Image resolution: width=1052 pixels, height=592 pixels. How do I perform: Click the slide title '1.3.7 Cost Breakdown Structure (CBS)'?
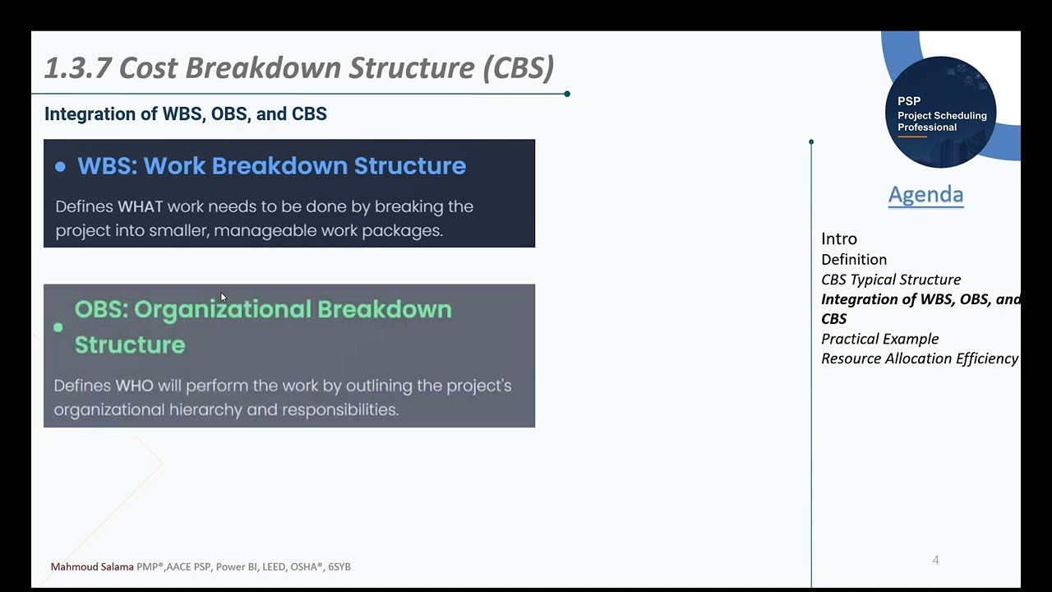pos(298,67)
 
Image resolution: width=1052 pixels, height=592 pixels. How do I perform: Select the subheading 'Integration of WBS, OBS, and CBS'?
pos(186,114)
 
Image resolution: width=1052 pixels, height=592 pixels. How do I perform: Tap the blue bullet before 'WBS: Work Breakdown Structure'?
pos(60,167)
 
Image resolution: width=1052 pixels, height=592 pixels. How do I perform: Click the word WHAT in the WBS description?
pos(141,206)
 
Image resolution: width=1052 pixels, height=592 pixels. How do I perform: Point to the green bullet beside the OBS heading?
pos(58,327)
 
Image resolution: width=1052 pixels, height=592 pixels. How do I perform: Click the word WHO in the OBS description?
pos(134,386)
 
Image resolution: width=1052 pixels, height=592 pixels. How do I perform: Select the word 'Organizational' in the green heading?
pos(223,310)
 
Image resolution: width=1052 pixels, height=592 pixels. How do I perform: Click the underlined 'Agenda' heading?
pos(925,195)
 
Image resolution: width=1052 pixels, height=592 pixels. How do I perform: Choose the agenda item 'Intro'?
pos(838,239)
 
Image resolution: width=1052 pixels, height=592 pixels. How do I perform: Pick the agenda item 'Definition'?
pos(854,260)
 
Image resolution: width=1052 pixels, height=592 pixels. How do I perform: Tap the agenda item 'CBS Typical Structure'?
pos(891,280)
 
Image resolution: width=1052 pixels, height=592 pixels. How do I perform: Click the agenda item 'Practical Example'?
pos(879,339)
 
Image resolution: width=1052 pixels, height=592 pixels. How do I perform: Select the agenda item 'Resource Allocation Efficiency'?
pos(919,358)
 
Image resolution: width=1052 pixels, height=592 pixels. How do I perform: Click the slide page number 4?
pos(935,560)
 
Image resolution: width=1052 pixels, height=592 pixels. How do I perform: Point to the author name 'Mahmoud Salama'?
pos(92,567)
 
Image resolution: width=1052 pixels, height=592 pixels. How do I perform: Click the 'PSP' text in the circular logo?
pos(909,101)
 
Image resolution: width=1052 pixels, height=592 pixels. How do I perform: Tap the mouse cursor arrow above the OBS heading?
pos(223,298)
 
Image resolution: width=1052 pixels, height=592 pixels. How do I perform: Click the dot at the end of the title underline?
pos(567,94)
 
